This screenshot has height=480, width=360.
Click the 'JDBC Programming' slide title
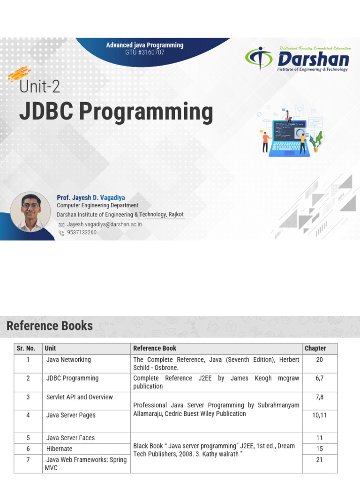[116, 112]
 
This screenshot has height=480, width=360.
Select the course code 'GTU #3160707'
[144, 52]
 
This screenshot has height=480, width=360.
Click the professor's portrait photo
[30, 211]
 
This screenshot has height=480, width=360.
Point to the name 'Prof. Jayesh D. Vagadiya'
[91, 197]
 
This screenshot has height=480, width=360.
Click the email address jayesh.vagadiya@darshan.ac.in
[104, 224]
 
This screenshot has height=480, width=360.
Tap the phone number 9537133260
[82, 232]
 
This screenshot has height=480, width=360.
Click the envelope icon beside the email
[61, 225]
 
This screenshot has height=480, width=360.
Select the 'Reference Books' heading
[50, 326]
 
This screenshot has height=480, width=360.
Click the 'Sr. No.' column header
[26, 348]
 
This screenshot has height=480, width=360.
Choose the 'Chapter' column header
[315, 348]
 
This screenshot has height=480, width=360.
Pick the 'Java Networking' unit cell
[68, 360]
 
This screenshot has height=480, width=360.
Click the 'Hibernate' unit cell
[60, 449]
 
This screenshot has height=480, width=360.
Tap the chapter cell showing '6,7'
[319, 378]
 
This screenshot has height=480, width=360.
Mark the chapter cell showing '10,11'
[319, 415]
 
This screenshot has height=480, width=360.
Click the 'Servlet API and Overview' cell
[79, 397]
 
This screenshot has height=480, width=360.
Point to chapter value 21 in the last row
[319, 460]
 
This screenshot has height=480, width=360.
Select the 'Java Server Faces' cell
[70, 438]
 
